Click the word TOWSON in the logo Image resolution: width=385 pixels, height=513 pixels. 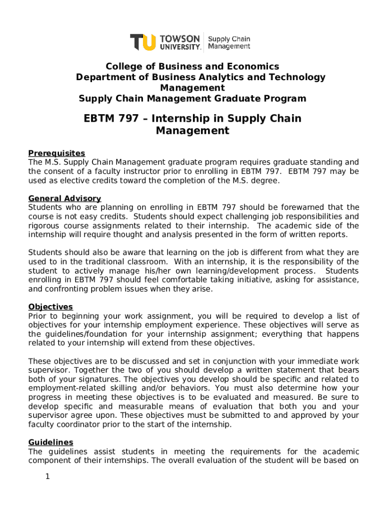coord(180,38)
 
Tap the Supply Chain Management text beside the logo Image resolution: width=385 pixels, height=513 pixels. coord(229,43)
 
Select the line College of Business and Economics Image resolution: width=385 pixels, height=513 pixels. coord(192,67)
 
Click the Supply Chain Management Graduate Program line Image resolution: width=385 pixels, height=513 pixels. coord(192,99)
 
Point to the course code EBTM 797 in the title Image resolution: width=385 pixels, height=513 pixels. coord(110,119)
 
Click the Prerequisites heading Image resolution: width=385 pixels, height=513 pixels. coord(56,153)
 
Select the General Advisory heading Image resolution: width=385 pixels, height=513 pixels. coord(64,198)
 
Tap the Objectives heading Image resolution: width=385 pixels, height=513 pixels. coord(50,307)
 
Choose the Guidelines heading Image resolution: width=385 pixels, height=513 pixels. coord(50,442)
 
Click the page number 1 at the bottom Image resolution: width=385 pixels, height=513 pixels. coord(47,476)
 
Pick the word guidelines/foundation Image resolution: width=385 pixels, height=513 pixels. coord(88,334)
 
